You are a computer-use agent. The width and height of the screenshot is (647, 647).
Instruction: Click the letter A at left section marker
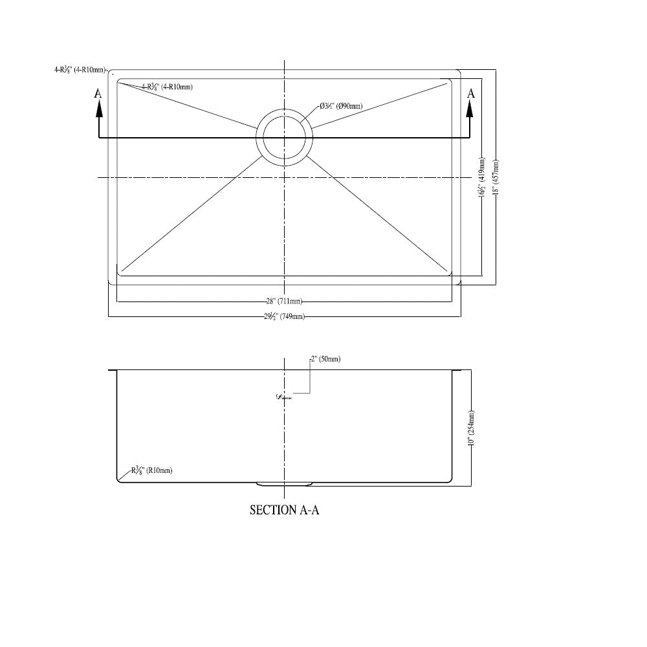tap(98, 94)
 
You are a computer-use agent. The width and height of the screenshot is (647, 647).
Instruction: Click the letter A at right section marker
tap(471, 94)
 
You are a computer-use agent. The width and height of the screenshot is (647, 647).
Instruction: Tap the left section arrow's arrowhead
tap(98, 109)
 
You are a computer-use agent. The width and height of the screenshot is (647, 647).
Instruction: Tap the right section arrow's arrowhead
tap(470, 109)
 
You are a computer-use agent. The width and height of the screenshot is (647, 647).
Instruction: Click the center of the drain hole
tap(285, 137)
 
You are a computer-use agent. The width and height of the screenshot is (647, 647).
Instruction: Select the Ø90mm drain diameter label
tap(340, 106)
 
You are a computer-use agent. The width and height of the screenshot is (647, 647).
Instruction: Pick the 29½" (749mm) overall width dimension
tap(283, 316)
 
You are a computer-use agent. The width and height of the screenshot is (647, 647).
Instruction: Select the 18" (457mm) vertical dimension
tap(497, 177)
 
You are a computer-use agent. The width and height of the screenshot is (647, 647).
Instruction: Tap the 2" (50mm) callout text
tap(325, 359)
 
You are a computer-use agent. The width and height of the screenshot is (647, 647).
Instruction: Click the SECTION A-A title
tap(285, 510)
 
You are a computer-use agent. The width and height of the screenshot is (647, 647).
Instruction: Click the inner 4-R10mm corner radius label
tap(166, 87)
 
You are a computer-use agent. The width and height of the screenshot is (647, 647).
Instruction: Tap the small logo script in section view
tap(283, 397)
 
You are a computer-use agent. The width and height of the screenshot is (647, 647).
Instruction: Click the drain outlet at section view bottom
tap(285, 483)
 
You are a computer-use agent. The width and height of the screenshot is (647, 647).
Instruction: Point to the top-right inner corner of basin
tap(450, 81)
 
